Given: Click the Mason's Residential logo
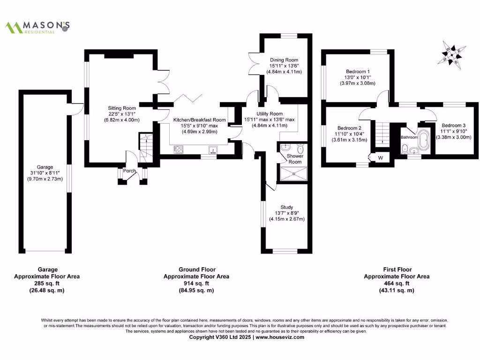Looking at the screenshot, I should [x=37, y=27].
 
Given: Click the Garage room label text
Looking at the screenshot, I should [x=45, y=167].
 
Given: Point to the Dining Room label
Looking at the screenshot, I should [x=284, y=60].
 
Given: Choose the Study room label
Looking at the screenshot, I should [x=286, y=207].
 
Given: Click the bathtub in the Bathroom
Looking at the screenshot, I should [x=425, y=140].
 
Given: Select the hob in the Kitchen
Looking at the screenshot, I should [x=179, y=150].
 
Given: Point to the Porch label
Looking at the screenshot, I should [x=129, y=171].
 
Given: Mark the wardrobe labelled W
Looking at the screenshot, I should [x=380, y=158].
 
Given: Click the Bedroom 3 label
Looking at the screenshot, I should [x=453, y=126].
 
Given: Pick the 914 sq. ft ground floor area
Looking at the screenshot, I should [x=196, y=283].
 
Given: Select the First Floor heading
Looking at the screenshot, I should [x=397, y=270].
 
